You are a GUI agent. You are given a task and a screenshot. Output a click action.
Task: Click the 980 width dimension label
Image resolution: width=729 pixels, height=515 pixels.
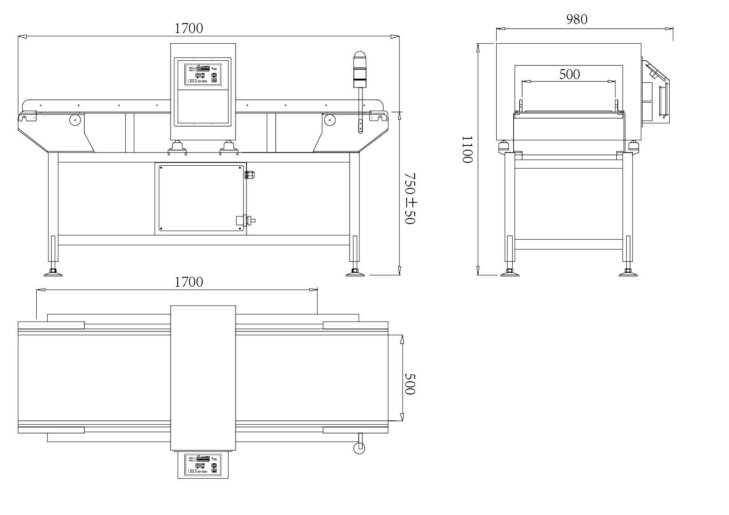(x=577, y=19)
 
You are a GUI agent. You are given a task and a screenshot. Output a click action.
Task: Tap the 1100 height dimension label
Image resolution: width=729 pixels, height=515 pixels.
(x=467, y=149)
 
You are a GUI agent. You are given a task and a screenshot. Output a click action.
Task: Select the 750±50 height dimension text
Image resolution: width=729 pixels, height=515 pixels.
(x=410, y=198)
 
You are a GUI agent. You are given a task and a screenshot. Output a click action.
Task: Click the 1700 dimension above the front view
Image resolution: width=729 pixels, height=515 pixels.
(x=189, y=29)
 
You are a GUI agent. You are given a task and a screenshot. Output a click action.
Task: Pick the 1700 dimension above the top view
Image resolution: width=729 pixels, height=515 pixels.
(x=189, y=282)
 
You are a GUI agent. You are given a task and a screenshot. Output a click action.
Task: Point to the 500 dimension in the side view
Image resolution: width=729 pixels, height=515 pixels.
(x=570, y=74)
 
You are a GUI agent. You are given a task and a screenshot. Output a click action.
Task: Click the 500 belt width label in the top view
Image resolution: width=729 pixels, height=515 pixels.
(x=410, y=384)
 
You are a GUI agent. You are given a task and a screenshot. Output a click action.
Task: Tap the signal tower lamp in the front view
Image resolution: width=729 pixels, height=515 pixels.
(x=360, y=70)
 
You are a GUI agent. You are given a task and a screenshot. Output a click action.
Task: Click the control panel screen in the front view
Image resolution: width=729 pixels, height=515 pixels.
(x=203, y=75)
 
